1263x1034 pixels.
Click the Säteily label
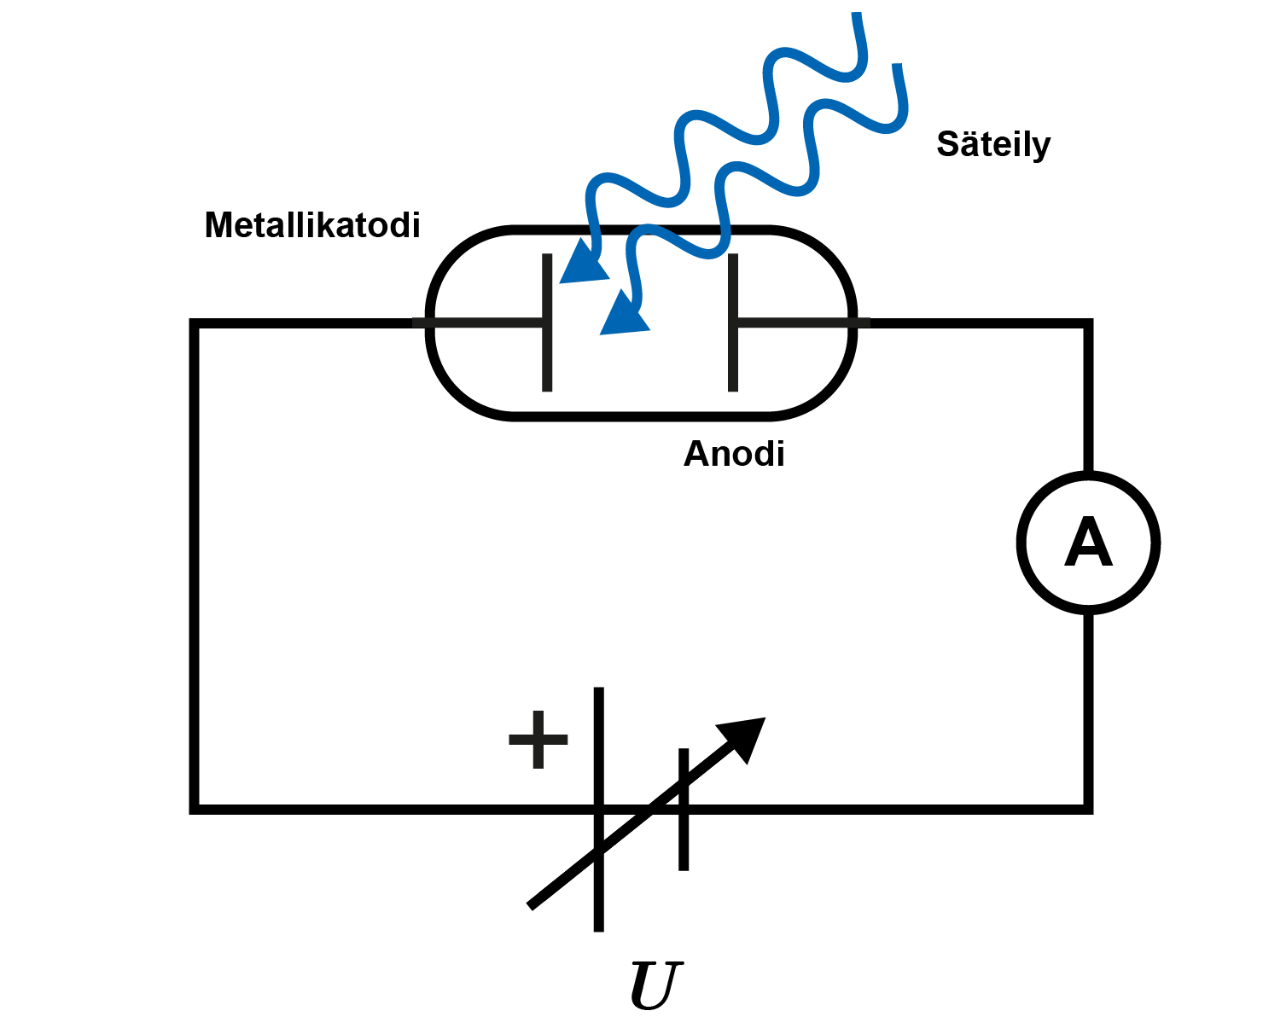pyautogui.click(x=992, y=144)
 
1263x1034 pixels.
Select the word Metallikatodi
pyautogui.click(x=312, y=225)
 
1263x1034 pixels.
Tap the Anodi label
pyautogui.click(x=734, y=454)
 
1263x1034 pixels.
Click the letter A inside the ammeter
pyautogui.click(x=1088, y=543)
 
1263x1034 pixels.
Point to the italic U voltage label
pyautogui.click(x=655, y=985)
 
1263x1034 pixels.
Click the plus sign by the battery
pyautogui.click(x=538, y=739)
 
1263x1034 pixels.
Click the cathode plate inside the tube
pyautogui.click(x=547, y=358)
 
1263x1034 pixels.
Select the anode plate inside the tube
pyautogui.click(x=733, y=358)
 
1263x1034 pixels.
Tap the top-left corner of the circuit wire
pyautogui.click(x=195, y=323)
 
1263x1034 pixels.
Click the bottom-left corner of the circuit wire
pyautogui.click(x=195, y=807)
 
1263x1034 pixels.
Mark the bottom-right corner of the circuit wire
pyautogui.click(x=1088, y=807)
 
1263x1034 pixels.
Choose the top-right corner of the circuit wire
pyautogui.click(x=1088, y=323)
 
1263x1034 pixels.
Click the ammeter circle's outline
pyautogui.click(x=1021, y=543)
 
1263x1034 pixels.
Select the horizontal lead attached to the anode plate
pyautogui.click(x=802, y=322)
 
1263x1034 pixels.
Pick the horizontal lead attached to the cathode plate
pyautogui.click(x=478, y=322)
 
